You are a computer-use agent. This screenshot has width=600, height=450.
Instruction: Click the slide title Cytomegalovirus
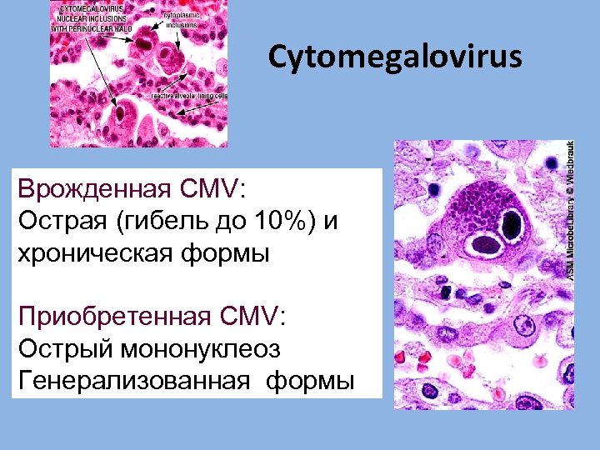[395, 57]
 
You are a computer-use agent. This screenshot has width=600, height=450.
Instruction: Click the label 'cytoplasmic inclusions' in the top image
[182, 20]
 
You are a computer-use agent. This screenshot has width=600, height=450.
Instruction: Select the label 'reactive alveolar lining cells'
[189, 97]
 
